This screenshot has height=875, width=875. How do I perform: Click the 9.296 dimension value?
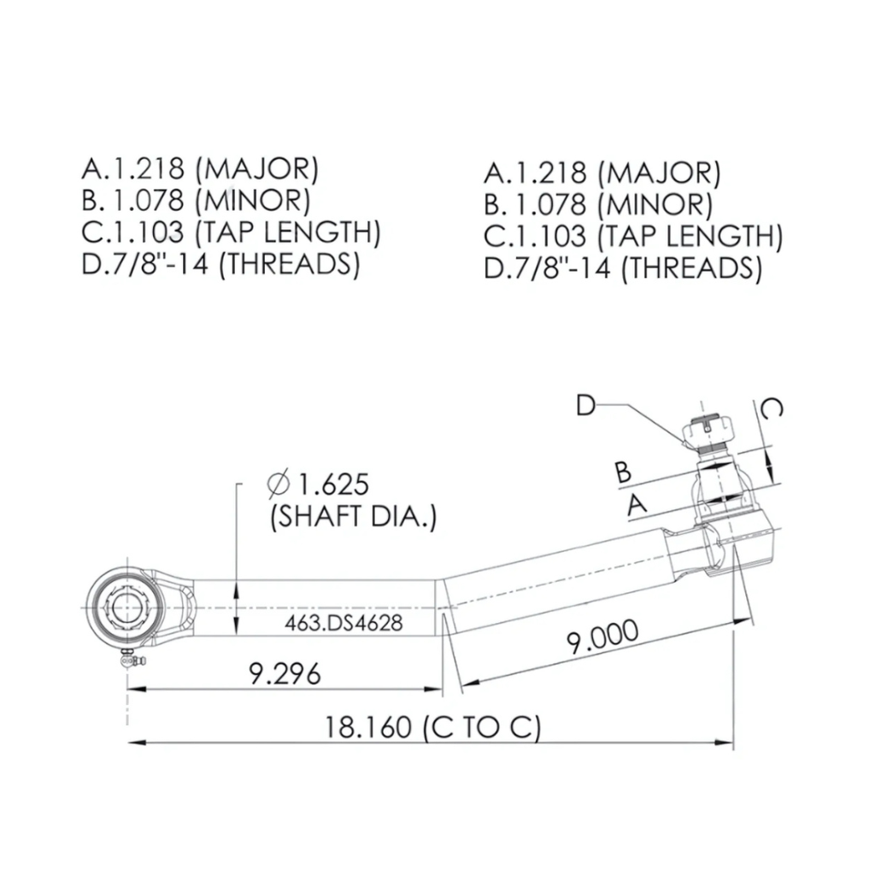(x=285, y=674)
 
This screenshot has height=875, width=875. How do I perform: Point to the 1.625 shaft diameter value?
(x=332, y=484)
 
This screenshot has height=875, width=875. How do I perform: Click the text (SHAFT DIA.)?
(x=353, y=516)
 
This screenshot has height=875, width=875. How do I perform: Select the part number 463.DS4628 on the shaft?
(x=343, y=623)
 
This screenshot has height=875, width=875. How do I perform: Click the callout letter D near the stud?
(x=585, y=405)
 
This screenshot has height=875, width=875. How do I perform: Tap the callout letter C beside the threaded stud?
(x=771, y=409)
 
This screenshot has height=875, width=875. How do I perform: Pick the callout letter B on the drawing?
(x=624, y=471)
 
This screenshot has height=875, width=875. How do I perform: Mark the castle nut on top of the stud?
(x=707, y=432)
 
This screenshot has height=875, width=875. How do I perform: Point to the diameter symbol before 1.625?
(x=278, y=484)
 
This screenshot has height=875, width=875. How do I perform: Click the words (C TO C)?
(x=482, y=727)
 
